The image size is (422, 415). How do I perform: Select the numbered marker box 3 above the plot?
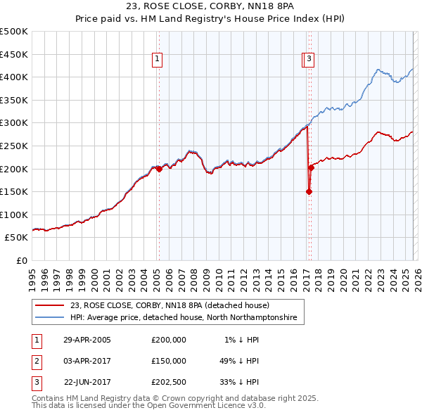tap(310, 60)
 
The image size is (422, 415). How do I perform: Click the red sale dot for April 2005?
tap(160, 169)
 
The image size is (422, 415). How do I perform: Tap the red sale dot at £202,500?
tap(311, 167)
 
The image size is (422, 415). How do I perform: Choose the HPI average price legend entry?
tap(184, 318)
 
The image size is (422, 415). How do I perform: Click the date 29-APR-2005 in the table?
tap(87, 339)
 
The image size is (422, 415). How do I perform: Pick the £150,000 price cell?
tap(169, 360)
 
